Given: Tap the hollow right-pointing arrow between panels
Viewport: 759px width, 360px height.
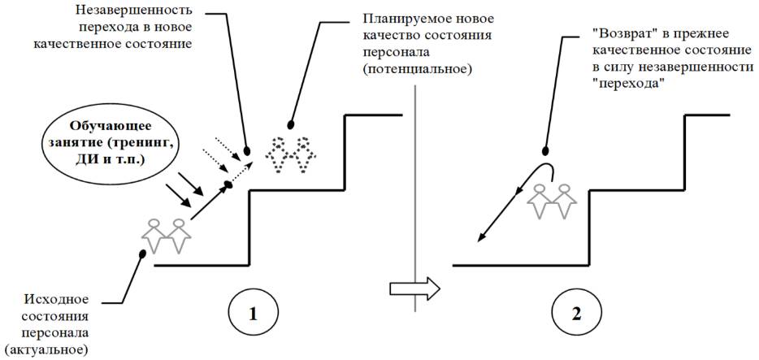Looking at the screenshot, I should tap(414, 288).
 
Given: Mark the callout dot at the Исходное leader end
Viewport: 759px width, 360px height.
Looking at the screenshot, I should tap(143, 254).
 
